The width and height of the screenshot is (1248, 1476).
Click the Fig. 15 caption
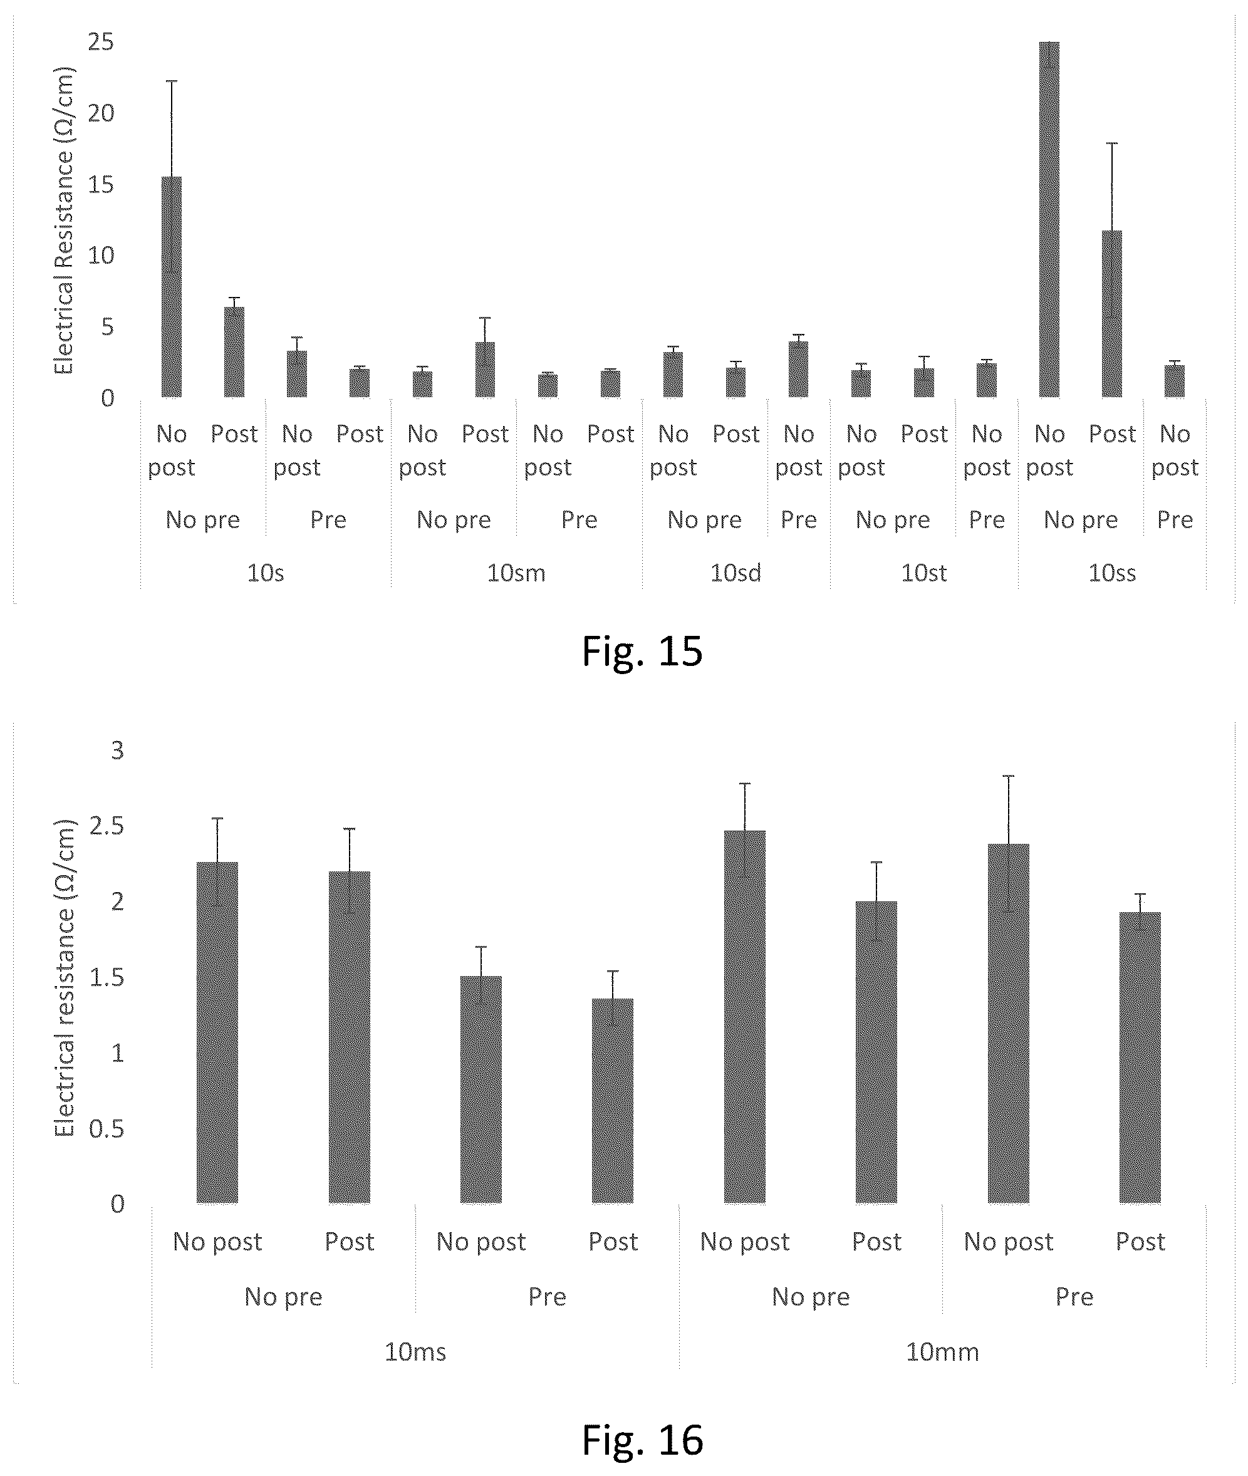(x=642, y=651)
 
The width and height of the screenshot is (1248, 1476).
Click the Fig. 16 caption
(x=642, y=1439)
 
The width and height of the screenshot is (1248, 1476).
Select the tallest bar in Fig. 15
(x=1049, y=219)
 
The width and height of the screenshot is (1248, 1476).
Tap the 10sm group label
(x=516, y=573)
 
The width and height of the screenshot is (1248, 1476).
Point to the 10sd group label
(x=736, y=573)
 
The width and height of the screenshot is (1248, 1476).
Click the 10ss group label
(x=1112, y=573)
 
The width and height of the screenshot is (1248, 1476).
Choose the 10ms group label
(x=415, y=1352)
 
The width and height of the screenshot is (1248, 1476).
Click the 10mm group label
(x=942, y=1352)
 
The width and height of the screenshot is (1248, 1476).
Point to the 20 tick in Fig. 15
(x=101, y=113)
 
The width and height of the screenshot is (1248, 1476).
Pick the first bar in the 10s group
(x=171, y=288)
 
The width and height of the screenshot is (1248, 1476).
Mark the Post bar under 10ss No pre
(x=1111, y=314)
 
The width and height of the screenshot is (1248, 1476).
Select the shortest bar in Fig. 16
(x=613, y=1101)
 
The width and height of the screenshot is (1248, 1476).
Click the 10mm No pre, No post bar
(x=744, y=1017)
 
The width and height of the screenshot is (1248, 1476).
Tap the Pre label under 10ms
(x=547, y=1296)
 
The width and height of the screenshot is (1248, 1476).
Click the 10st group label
(x=924, y=573)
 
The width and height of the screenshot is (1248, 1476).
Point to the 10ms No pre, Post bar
(x=349, y=1037)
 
